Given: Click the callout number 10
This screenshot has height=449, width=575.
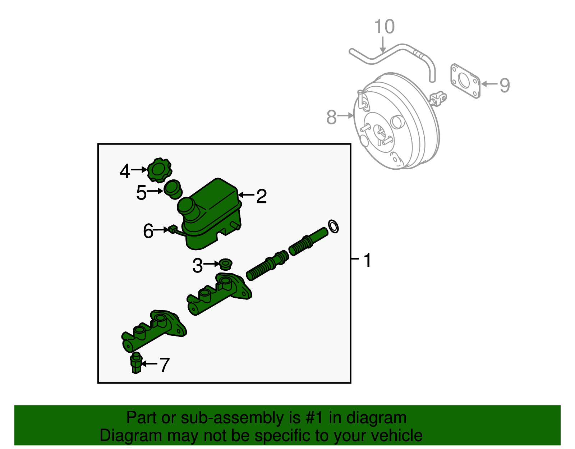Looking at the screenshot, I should point(384,27).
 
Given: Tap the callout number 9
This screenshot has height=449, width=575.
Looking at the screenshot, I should point(505,85).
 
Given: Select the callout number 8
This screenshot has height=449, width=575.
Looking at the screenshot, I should point(331,117).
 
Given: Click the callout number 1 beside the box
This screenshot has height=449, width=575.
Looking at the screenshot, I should point(367,260).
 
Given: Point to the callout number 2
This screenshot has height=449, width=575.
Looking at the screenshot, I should point(261,196).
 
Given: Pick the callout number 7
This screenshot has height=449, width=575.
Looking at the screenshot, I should point(164,365).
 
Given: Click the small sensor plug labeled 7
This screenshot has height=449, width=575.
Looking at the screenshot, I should point(136,363).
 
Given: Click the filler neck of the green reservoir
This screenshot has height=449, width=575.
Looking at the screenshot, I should point(187,206).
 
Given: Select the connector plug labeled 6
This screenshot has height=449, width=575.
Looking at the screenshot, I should point(173,229).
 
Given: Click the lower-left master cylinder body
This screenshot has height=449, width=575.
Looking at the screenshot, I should point(153,330).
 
